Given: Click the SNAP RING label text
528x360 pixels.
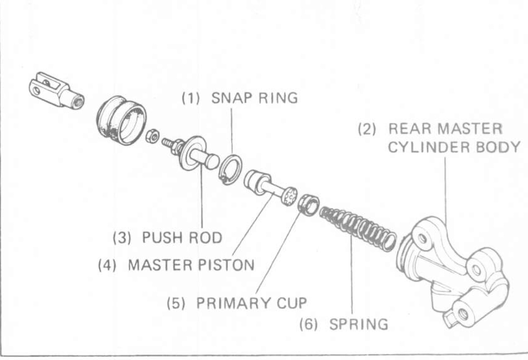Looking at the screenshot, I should tap(254, 98).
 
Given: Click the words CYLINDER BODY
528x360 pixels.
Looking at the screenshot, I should tap(454, 147).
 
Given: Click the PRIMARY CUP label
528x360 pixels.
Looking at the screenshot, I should tap(251, 303).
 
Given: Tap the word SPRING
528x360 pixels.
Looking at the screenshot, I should tap(358, 324).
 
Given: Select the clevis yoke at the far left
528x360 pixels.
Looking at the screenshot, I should tap(56, 91).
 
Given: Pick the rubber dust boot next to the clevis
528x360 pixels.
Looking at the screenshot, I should tap(122, 120).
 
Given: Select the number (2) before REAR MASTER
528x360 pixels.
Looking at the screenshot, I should tap(367, 129).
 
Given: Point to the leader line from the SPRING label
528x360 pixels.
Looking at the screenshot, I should tap(352, 281).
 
